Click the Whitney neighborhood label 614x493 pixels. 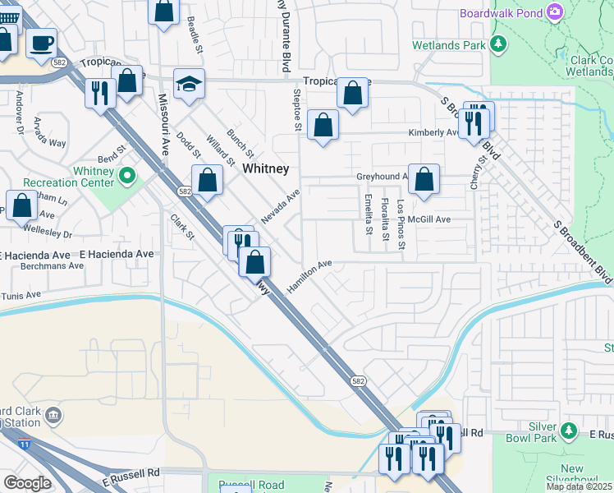tap(265, 168)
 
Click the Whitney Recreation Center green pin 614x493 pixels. tap(127, 176)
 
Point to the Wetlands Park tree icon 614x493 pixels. tap(497, 44)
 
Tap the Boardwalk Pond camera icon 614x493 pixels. tap(556, 12)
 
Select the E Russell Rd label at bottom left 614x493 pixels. tap(131, 476)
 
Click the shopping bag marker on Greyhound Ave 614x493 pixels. tap(424, 180)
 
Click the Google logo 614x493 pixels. tap(27, 483)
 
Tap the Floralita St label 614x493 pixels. tap(385, 218)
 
